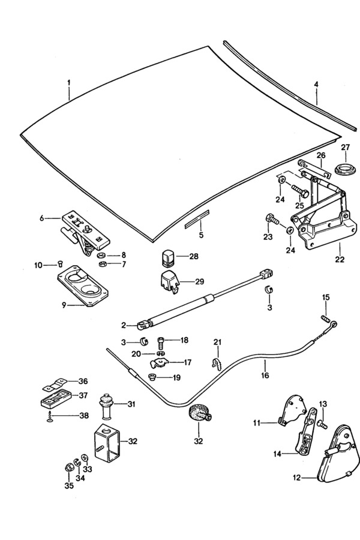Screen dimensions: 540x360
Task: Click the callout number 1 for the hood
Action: (x=68, y=81)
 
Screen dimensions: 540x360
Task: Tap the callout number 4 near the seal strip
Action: (x=316, y=85)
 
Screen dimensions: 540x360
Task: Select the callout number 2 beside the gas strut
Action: (x=123, y=326)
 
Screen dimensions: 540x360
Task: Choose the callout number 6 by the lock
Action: (x=42, y=218)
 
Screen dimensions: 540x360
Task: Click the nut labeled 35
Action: (x=68, y=467)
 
